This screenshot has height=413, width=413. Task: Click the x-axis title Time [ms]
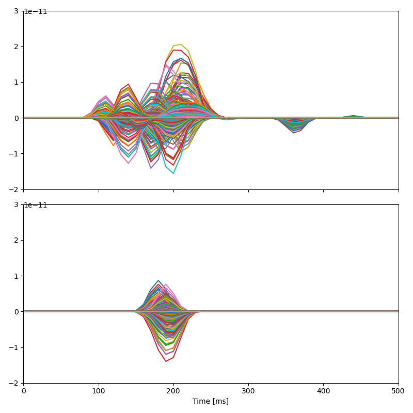coord(211,401)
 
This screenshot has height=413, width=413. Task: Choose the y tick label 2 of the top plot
coord(17,46)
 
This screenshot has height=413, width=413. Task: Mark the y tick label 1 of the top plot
coord(17,82)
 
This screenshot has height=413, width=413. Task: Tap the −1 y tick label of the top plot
coord(15,154)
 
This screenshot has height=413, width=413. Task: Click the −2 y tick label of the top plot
coord(15,189)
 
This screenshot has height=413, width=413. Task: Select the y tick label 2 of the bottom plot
coord(17,240)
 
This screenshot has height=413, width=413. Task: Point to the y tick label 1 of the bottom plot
coord(17,276)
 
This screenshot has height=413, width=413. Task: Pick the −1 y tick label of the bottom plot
coord(15,347)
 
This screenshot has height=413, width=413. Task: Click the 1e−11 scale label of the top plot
coord(36,12)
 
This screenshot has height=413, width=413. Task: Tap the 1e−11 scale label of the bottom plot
coord(36,205)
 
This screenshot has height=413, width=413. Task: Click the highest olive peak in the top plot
coord(181,44)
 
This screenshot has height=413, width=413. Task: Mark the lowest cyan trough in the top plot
coord(173,173)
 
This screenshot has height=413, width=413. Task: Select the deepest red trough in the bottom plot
coord(166,361)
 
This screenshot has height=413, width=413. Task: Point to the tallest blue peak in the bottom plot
coord(158,280)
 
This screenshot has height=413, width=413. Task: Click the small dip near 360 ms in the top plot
coord(293,133)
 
